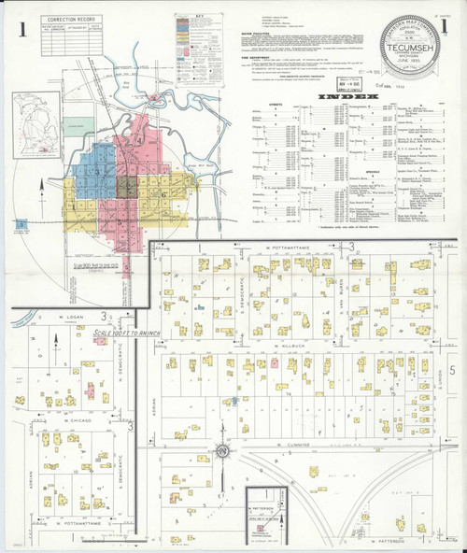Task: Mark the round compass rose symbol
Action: click(x=223, y=452)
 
